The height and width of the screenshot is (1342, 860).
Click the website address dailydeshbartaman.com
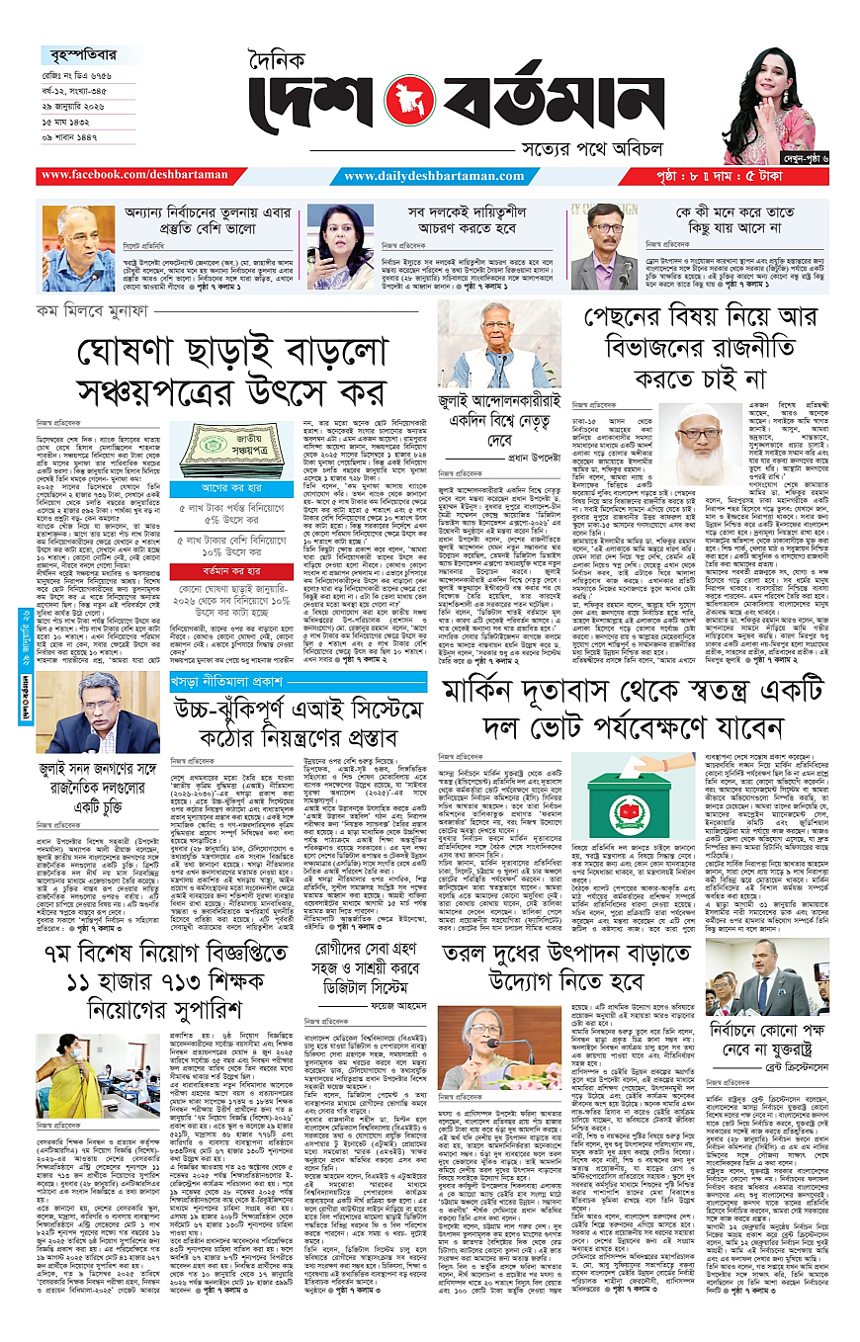(435, 176)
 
